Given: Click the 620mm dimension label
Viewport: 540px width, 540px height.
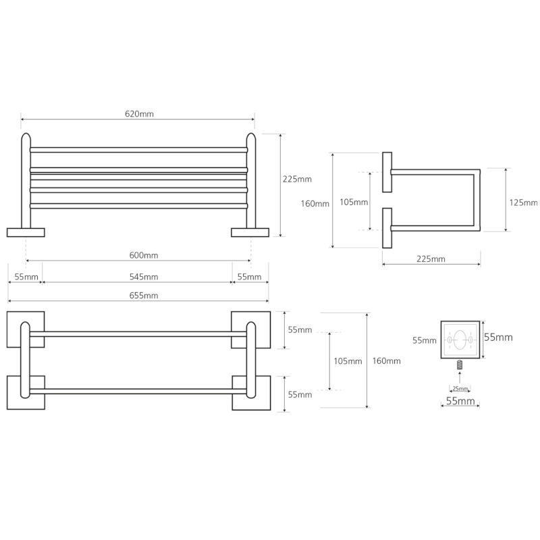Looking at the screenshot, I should (139, 114).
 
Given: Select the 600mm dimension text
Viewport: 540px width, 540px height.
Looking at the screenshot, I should (144, 255).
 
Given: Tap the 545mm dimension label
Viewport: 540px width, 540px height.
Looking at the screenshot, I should (144, 277).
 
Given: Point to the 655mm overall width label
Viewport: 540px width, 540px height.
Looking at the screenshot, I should (144, 296).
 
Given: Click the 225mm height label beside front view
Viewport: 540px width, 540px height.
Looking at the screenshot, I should (297, 179).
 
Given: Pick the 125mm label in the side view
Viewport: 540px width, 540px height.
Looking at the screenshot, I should (524, 202).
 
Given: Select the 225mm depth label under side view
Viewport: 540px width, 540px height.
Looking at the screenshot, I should (431, 259).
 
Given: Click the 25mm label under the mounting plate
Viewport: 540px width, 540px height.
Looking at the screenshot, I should (460, 389).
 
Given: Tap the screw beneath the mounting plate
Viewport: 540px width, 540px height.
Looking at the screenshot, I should (460, 366).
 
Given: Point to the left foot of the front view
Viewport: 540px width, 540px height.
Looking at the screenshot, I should (26, 232).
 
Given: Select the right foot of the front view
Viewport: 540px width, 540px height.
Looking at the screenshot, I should (250, 232).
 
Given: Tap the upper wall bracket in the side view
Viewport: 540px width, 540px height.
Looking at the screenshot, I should (387, 173).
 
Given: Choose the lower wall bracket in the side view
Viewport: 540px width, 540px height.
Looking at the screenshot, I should (387, 229).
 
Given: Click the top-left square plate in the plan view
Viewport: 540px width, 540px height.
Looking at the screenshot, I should (26, 329).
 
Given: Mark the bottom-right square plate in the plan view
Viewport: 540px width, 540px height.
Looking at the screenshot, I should (251, 393).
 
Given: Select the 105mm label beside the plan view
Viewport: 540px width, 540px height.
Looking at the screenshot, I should (348, 361).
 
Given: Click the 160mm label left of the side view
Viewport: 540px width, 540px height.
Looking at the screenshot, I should (315, 203).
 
